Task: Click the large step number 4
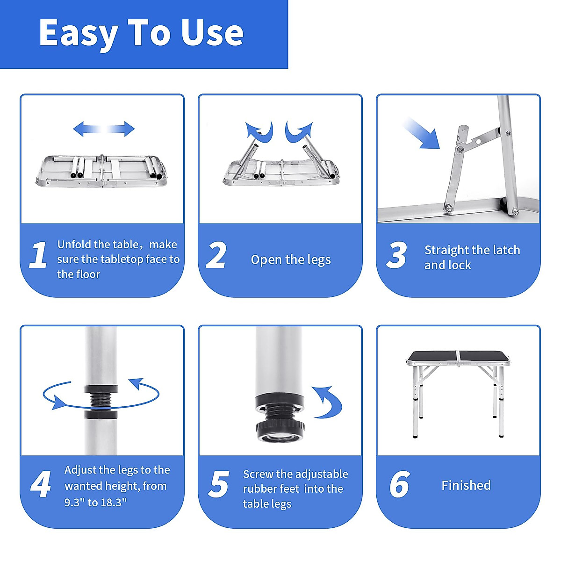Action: pos(41,484)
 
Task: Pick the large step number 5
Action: pos(219,484)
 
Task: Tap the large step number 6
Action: pos(400,484)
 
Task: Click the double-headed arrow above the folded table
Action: pos(104,129)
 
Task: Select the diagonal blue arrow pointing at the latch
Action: pos(421,133)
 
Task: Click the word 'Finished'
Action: pos(466,485)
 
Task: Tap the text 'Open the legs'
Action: pos(291,259)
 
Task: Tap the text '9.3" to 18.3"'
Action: pos(95,502)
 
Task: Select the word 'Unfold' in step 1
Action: pos(74,244)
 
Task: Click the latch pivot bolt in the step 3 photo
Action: pos(460,149)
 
